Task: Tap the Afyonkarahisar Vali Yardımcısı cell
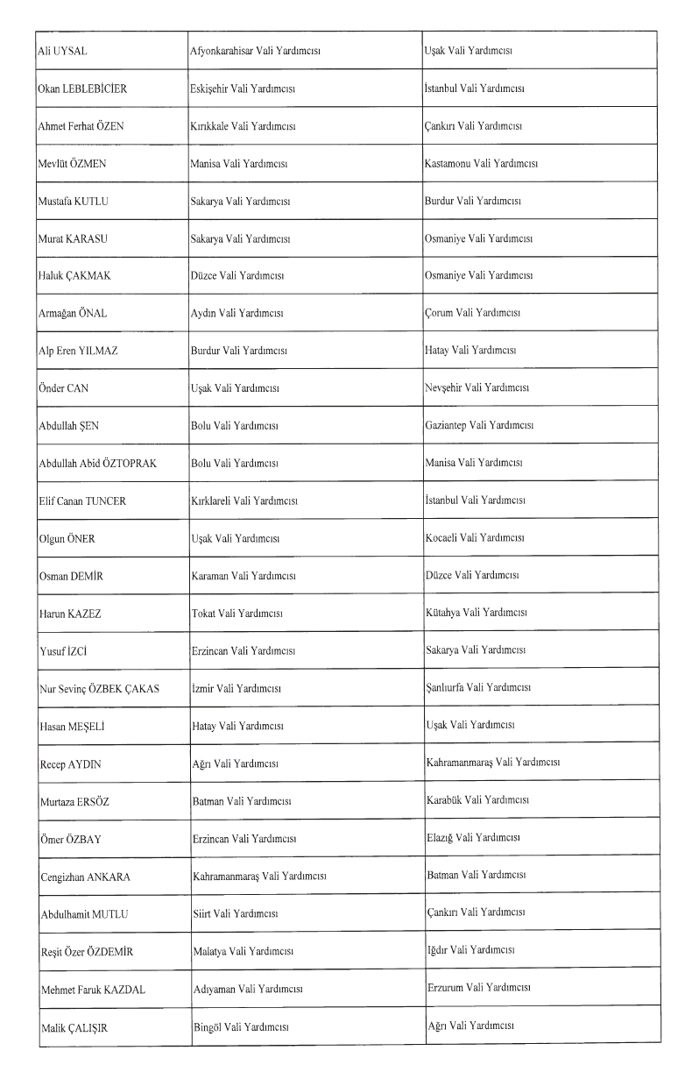(x=255, y=51)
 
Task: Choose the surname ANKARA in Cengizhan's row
(x=112, y=877)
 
